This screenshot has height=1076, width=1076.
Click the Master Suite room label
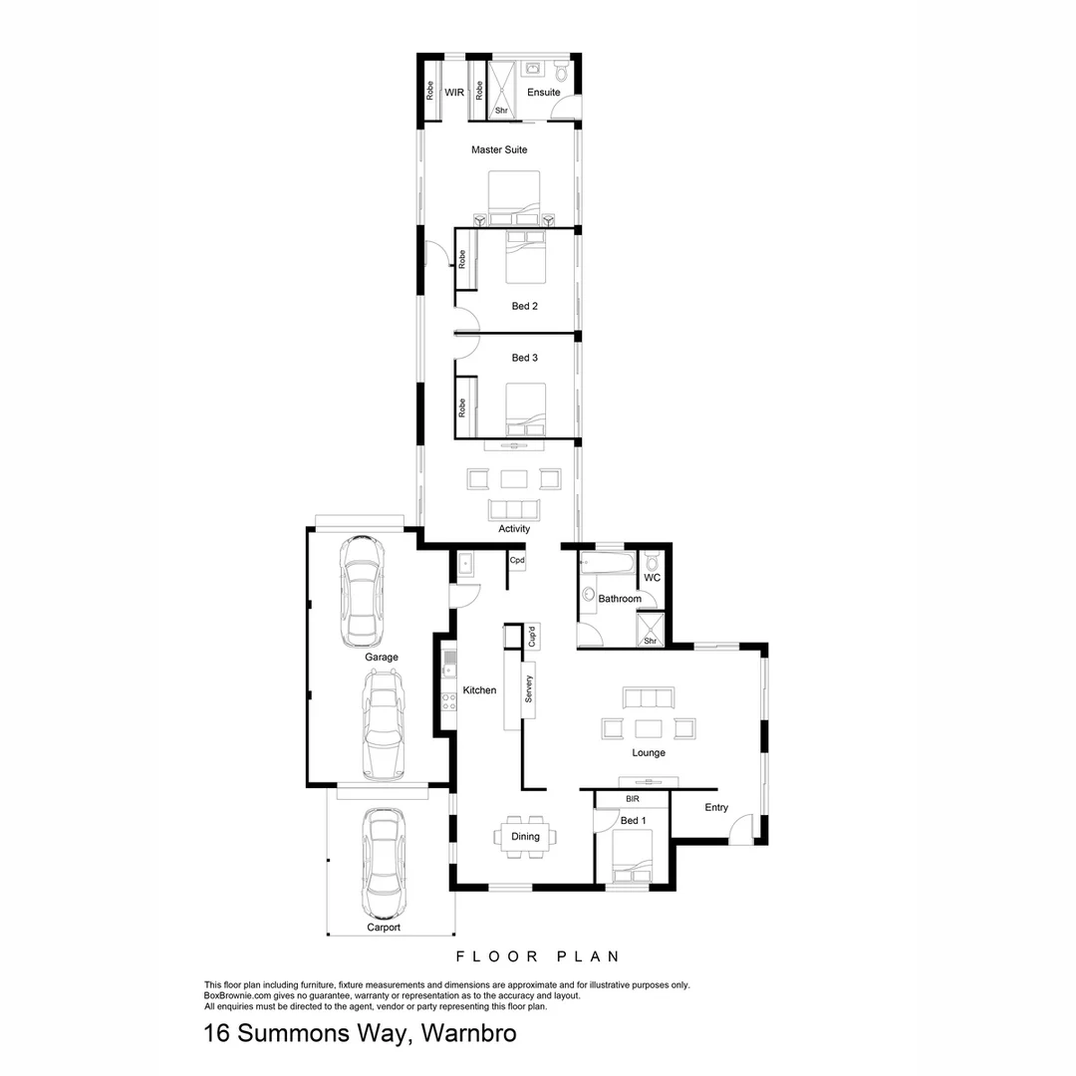(499, 150)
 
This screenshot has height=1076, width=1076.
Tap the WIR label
(454, 93)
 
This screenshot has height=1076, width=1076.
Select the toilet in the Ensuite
(561, 72)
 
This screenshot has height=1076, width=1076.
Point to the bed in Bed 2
(525, 258)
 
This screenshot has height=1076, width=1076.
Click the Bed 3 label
(525, 358)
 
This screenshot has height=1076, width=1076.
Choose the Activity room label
(514, 529)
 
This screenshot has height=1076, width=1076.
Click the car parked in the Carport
(382, 863)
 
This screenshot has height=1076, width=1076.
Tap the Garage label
(382, 658)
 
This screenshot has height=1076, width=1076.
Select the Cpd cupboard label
(517, 561)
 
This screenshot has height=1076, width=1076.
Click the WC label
(653, 578)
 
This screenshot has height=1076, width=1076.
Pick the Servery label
(529, 689)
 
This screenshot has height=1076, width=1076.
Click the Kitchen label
(479, 690)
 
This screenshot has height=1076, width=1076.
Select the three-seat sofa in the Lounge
(648, 697)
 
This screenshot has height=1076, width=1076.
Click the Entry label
(716, 808)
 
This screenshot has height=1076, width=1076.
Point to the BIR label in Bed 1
(632, 799)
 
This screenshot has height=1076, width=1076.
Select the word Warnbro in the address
(469, 1034)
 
